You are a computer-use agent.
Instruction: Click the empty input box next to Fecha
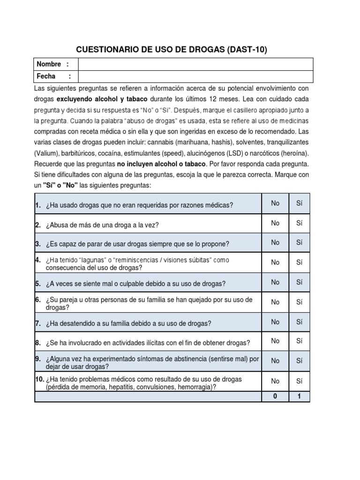pyautogui.click(x=194, y=76)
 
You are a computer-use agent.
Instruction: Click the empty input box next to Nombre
pyautogui.click(x=194, y=64)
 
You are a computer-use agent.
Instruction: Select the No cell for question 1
pyautogui.click(x=275, y=203)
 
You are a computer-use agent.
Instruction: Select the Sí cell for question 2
pyautogui.click(x=300, y=223)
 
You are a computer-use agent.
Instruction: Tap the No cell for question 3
pyautogui.click(x=275, y=242)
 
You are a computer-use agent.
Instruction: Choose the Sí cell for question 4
pyautogui.click(x=300, y=262)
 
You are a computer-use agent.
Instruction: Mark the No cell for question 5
pyautogui.click(x=275, y=282)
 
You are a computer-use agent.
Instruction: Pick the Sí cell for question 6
pyautogui.click(x=300, y=302)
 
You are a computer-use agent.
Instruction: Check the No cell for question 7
pyautogui.click(x=275, y=322)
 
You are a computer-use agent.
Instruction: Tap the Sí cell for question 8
pyautogui.click(x=300, y=341)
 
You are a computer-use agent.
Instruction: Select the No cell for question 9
pyautogui.click(x=275, y=360)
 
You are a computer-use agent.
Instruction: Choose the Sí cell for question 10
pyautogui.click(x=300, y=382)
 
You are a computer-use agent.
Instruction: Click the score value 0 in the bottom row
pyautogui.click(x=275, y=397)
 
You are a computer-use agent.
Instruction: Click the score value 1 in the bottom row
pyautogui.click(x=300, y=397)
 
